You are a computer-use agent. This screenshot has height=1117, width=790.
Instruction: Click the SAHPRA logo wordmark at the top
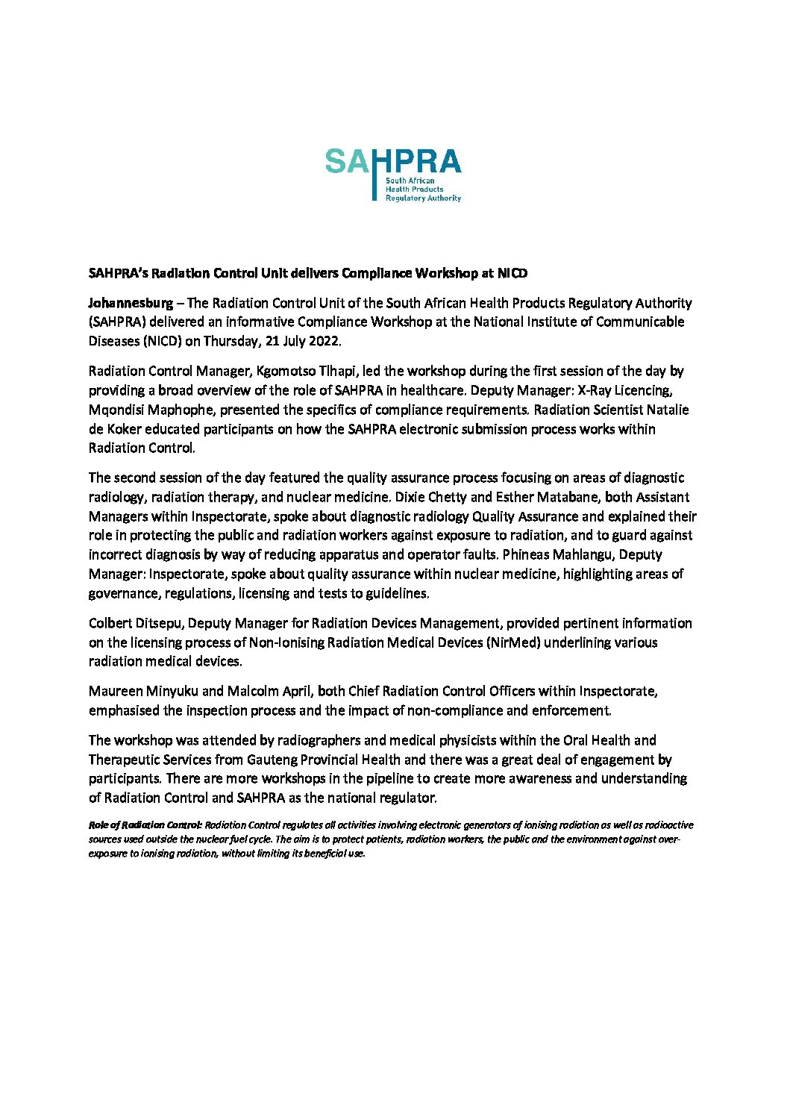coord(393,162)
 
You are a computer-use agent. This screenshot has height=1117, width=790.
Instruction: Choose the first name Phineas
coord(530,554)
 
